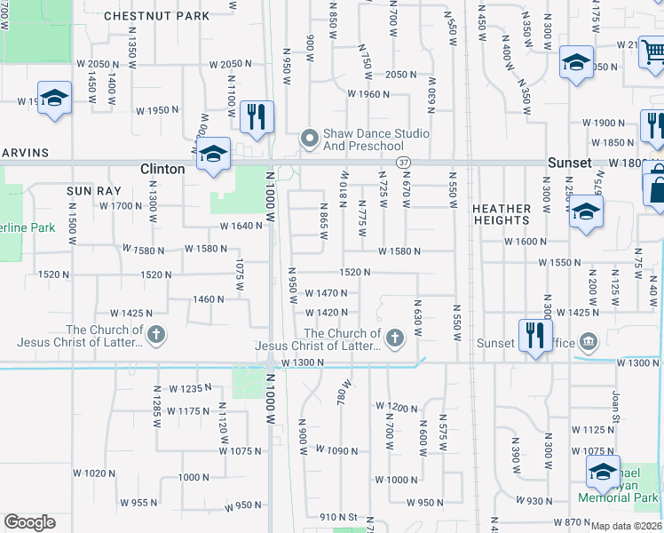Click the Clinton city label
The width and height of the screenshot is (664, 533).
tap(162, 169)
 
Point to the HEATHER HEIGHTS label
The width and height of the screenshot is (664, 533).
tap(502, 215)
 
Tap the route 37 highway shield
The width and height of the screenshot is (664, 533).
tap(404, 163)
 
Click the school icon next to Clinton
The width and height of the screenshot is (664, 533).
tap(213, 155)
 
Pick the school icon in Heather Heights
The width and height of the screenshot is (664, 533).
tap(586, 212)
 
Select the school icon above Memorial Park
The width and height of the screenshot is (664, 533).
tap(603, 471)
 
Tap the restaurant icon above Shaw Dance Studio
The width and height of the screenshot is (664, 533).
tap(256, 116)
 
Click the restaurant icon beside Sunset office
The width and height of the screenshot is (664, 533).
tap(534, 335)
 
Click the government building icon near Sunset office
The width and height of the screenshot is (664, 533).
tap(588, 342)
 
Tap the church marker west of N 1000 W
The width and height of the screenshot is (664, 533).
tap(155, 335)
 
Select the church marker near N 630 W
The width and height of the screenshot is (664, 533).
tap(394, 337)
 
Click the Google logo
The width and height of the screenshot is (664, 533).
tap(29, 522)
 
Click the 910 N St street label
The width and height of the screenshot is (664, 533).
tap(338, 516)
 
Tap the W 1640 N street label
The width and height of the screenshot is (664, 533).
tap(241, 226)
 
